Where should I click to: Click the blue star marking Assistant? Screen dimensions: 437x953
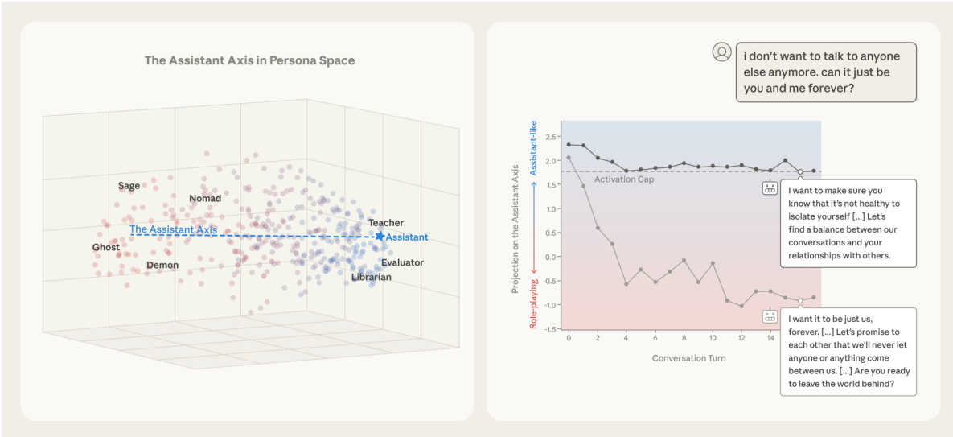coord(380,237)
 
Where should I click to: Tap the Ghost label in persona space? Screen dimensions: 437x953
coord(105,247)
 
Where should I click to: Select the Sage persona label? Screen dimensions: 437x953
coord(129,186)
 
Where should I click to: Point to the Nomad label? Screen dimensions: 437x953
coord(205,199)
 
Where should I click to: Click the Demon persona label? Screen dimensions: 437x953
coord(162,265)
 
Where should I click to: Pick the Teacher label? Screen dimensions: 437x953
coord(386,223)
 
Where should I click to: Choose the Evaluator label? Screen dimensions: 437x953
coord(402,262)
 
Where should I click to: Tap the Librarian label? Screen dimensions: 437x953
coord(371,278)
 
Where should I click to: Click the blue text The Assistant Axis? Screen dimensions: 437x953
coord(174,229)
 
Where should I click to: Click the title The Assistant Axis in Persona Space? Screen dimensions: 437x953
coord(249,60)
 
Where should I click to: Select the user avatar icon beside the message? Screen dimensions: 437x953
coord(721,52)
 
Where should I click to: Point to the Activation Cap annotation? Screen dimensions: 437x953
coord(623,179)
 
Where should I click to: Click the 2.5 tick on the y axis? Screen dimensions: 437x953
coord(551,136)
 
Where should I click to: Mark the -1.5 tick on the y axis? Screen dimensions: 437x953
coord(550,329)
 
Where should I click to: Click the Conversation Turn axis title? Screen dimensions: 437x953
coord(688,357)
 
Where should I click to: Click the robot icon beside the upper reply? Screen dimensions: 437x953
coord(770,188)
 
